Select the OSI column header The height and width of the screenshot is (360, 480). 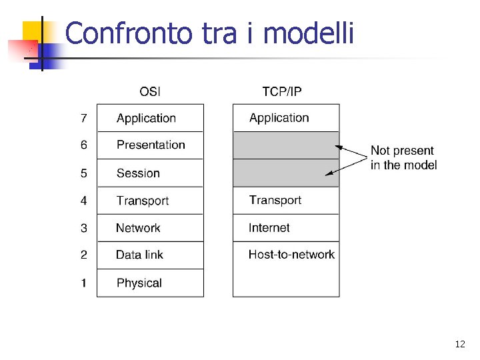[149, 91]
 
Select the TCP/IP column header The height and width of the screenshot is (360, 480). [281, 91]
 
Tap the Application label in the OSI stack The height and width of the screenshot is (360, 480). [146, 119]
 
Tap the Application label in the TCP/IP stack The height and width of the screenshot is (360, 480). [279, 118]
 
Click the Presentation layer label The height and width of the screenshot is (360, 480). [151, 145]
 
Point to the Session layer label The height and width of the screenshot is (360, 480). [138, 173]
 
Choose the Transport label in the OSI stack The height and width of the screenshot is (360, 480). [142, 201]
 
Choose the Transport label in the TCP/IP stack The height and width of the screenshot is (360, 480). [275, 200]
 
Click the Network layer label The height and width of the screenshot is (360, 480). [138, 228]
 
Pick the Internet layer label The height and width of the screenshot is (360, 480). [269, 228]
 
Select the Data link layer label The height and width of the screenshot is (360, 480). [139, 255]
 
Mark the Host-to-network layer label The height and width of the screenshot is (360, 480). [291, 254]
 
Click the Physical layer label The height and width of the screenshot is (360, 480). [139, 283]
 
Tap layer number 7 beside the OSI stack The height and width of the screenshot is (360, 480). [83, 119]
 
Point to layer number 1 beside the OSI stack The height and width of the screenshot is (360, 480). [83, 283]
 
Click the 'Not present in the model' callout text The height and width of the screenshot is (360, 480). [403, 157]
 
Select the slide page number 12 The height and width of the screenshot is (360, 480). [459, 344]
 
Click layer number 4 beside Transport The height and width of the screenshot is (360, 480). [83, 201]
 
